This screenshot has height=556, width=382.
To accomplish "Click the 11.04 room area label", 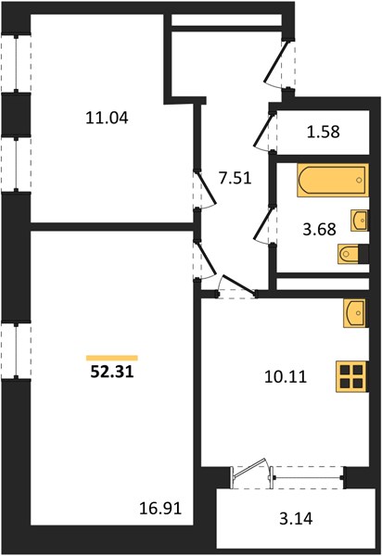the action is coord(107,118).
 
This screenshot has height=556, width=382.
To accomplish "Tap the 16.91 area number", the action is coord(160,509).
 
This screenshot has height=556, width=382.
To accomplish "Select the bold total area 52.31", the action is coord(112,372).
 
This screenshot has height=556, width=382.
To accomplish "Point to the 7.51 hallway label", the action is coord(236,178).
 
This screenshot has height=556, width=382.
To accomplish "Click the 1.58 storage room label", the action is coord(323,132).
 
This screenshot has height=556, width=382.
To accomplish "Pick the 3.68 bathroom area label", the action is coord(319,229).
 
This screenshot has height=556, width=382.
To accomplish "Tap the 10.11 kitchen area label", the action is coord(286,376).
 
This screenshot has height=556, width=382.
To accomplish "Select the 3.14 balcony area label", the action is coord(296,519).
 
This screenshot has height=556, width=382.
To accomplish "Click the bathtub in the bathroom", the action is coord(333,180).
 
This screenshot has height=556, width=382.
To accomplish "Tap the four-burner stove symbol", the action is coord(351,376).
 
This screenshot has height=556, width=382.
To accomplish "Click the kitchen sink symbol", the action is coord(355,313).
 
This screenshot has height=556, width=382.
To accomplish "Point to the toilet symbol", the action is coord(352,254).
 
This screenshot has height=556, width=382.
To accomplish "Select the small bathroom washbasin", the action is coord(360,221).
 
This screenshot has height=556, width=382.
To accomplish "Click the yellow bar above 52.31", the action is coord(112,358).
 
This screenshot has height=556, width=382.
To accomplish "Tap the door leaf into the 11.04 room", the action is coord(205,189).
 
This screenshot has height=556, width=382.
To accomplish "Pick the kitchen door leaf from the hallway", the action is coord(205,259).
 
